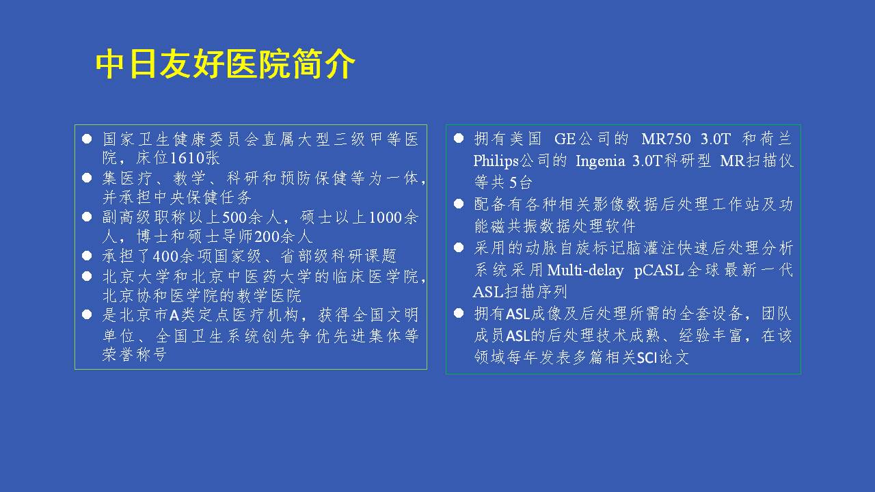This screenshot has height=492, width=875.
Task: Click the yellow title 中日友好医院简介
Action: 225,64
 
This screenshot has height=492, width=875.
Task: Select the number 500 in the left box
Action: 234,217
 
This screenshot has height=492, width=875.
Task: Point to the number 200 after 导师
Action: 267,236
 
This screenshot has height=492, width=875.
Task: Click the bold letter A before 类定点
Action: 174,315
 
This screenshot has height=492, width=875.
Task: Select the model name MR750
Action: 666,139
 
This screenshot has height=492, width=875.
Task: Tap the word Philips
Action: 496,161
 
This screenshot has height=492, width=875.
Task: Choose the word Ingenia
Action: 600,161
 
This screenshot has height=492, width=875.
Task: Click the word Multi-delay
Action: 585,271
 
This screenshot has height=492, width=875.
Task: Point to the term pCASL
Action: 658,271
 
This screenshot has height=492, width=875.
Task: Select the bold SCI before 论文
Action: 647,357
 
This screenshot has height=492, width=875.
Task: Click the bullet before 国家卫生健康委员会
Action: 87,139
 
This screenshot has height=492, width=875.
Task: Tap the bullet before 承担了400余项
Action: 87,256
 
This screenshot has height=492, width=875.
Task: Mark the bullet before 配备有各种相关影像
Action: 459,204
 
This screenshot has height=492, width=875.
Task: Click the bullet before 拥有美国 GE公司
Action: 459,138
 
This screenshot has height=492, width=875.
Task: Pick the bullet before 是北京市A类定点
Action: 87,315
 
